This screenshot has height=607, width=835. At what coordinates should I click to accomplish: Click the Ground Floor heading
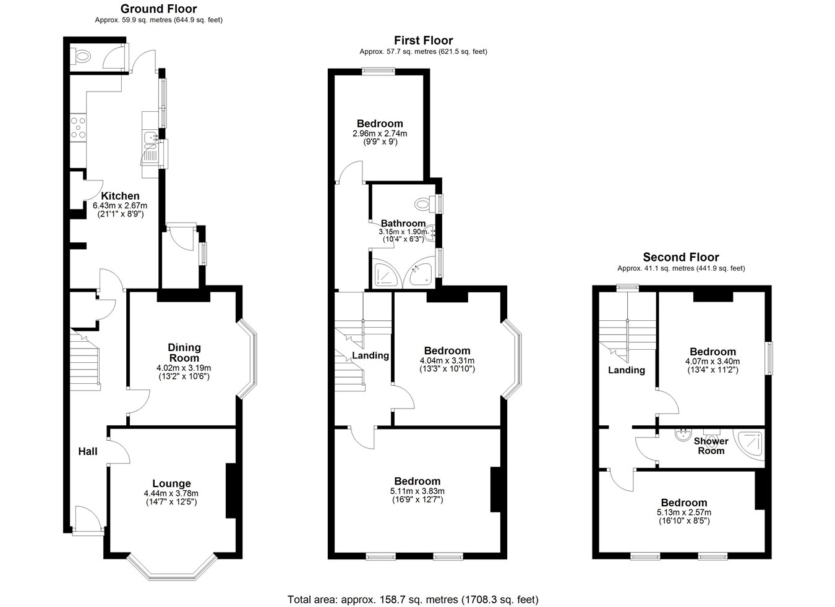click(x=159, y=9)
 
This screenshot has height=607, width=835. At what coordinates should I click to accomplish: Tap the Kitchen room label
click(x=120, y=195)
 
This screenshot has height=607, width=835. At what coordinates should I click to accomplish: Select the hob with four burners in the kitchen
click(x=79, y=128)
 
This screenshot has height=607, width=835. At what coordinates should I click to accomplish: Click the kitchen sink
click(x=150, y=138)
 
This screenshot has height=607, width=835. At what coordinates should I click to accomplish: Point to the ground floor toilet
click(x=81, y=57)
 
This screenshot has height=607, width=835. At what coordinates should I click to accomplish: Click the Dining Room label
click(x=184, y=352)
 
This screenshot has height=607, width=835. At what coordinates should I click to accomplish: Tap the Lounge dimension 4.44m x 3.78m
click(x=171, y=493)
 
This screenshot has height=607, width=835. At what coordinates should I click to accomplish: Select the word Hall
click(x=88, y=451)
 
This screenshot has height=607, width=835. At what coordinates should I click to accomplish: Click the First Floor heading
click(x=424, y=40)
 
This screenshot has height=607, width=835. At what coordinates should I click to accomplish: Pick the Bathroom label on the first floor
click(x=403, y=223)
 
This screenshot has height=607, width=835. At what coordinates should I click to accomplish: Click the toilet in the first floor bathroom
click(x=424, y=204)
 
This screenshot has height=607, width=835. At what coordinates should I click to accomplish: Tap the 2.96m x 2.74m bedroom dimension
click(x=380, y=133)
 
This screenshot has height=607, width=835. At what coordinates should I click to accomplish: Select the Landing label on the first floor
click(x=370, y=355)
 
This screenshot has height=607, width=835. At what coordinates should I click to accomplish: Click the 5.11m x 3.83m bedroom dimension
click(x=417, y=491)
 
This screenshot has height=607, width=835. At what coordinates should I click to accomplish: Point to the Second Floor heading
click(x=681, y=257)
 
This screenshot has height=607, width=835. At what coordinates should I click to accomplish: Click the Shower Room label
click(x=711, y=446)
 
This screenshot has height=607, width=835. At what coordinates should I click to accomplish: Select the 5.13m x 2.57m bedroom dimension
click(x=684, y=512)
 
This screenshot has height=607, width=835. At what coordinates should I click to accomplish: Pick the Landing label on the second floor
click(x=626, y=370)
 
